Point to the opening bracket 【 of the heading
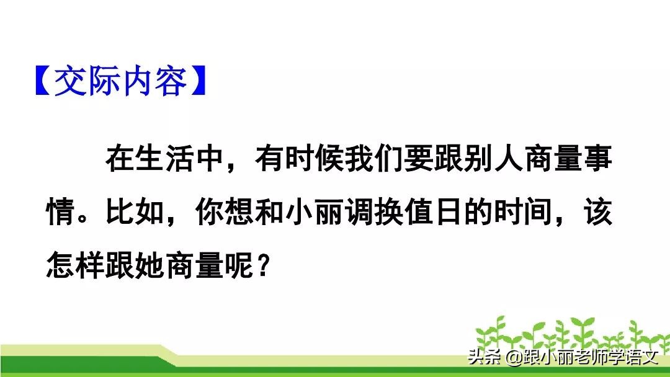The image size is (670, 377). [x=42, y=82]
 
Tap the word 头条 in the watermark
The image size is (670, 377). [x=485, y=358]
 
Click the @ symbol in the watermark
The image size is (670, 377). [x=514, y=358]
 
